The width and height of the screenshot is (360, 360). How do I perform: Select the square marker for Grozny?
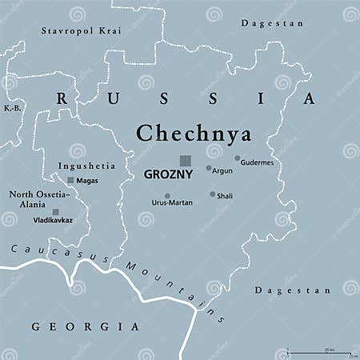click(186, 160)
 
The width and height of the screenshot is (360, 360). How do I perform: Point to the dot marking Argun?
click(209, 169)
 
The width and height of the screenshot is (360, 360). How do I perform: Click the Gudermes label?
click(257, 162)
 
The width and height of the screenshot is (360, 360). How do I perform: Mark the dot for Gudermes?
click(238, 158)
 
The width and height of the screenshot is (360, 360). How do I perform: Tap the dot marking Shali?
click(213, 194)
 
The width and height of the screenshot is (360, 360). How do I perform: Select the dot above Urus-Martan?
click(167, 196)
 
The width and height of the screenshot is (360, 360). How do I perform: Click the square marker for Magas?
click(70, 180)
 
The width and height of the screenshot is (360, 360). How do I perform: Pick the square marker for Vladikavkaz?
click(55, 212)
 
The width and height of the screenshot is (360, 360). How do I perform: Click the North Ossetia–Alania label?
click(40, 198)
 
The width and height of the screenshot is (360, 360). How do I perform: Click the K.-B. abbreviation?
click(11, 107)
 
